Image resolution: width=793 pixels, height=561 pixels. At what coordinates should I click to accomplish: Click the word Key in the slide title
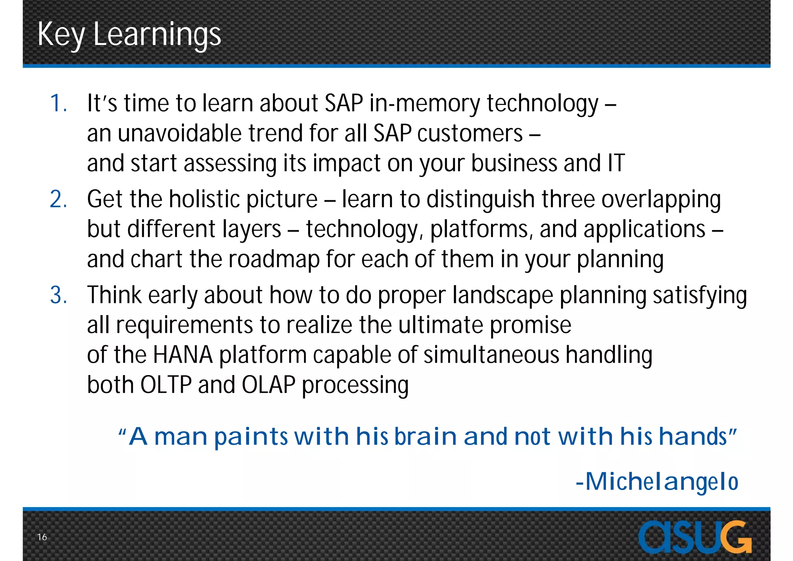pyautogui.click(x=61, y=35)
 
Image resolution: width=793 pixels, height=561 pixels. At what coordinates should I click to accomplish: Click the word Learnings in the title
pyautogui.click(x=157, y=35)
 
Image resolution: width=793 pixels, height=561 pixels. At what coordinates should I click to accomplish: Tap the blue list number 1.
pyautogui.click(x=58, y=103)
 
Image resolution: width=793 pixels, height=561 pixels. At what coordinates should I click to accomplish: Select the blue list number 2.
pyautogui.click(x=58, y=200)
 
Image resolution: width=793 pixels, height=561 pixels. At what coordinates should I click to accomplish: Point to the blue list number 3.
pyautogui.click(x=58, y=295)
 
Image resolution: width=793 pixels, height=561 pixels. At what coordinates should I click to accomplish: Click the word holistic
pyautogui.click(x=204, y=200)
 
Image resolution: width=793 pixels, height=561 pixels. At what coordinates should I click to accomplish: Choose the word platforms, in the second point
pyautogui.click(x=479, y=229)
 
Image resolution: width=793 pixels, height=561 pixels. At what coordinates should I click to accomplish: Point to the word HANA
pyautogui.click(x=183, y=355)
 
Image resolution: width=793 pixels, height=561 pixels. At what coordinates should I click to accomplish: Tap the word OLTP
pyautogui.click(x=166, y=385)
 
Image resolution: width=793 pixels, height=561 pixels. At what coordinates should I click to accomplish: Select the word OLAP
pyautogui.click(x=269, y=385)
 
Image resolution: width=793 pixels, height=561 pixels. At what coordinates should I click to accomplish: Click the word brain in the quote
pyautogui.click(x=426, y=437)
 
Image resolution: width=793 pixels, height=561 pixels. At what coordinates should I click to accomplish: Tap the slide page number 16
pyautogui.click(x=42, y=537)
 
